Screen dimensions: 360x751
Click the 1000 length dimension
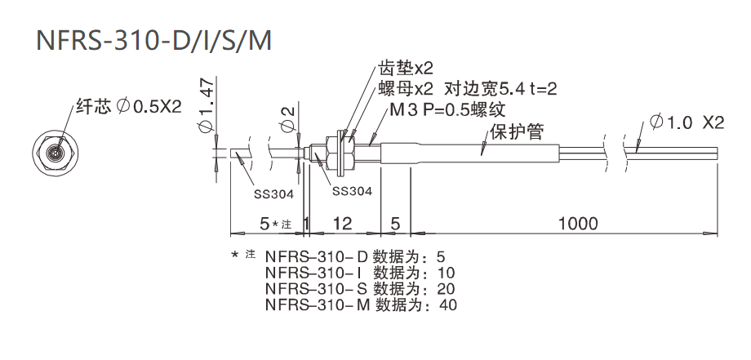[x=578, y=223]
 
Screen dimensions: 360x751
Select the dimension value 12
[x=342, y=223]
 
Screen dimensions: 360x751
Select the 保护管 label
[x=516, y=131]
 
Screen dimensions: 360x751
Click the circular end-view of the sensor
[x=56, y=151]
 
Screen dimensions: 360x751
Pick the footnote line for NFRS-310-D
[x=359, y=256]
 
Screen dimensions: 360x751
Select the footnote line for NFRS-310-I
[x=360, y=273]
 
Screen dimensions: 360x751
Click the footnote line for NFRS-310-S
[x=360, y=289]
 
